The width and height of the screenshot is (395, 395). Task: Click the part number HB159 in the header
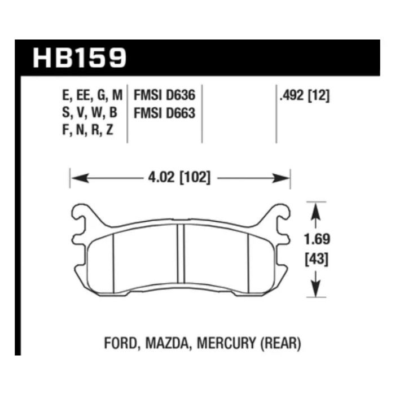[x=80, y=58]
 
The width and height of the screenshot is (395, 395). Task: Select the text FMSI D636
[x=164, y=95]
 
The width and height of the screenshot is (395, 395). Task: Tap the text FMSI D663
[x=164, y=113]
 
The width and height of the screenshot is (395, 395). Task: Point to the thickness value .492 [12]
[x=304, y=95]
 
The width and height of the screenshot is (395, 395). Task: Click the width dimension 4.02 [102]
[x=179, y=177]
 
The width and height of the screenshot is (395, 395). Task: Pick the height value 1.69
[x=317, y=239]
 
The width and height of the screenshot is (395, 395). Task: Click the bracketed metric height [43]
[x=317, y=259]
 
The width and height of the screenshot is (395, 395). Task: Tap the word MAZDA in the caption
[x=167, y=343]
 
